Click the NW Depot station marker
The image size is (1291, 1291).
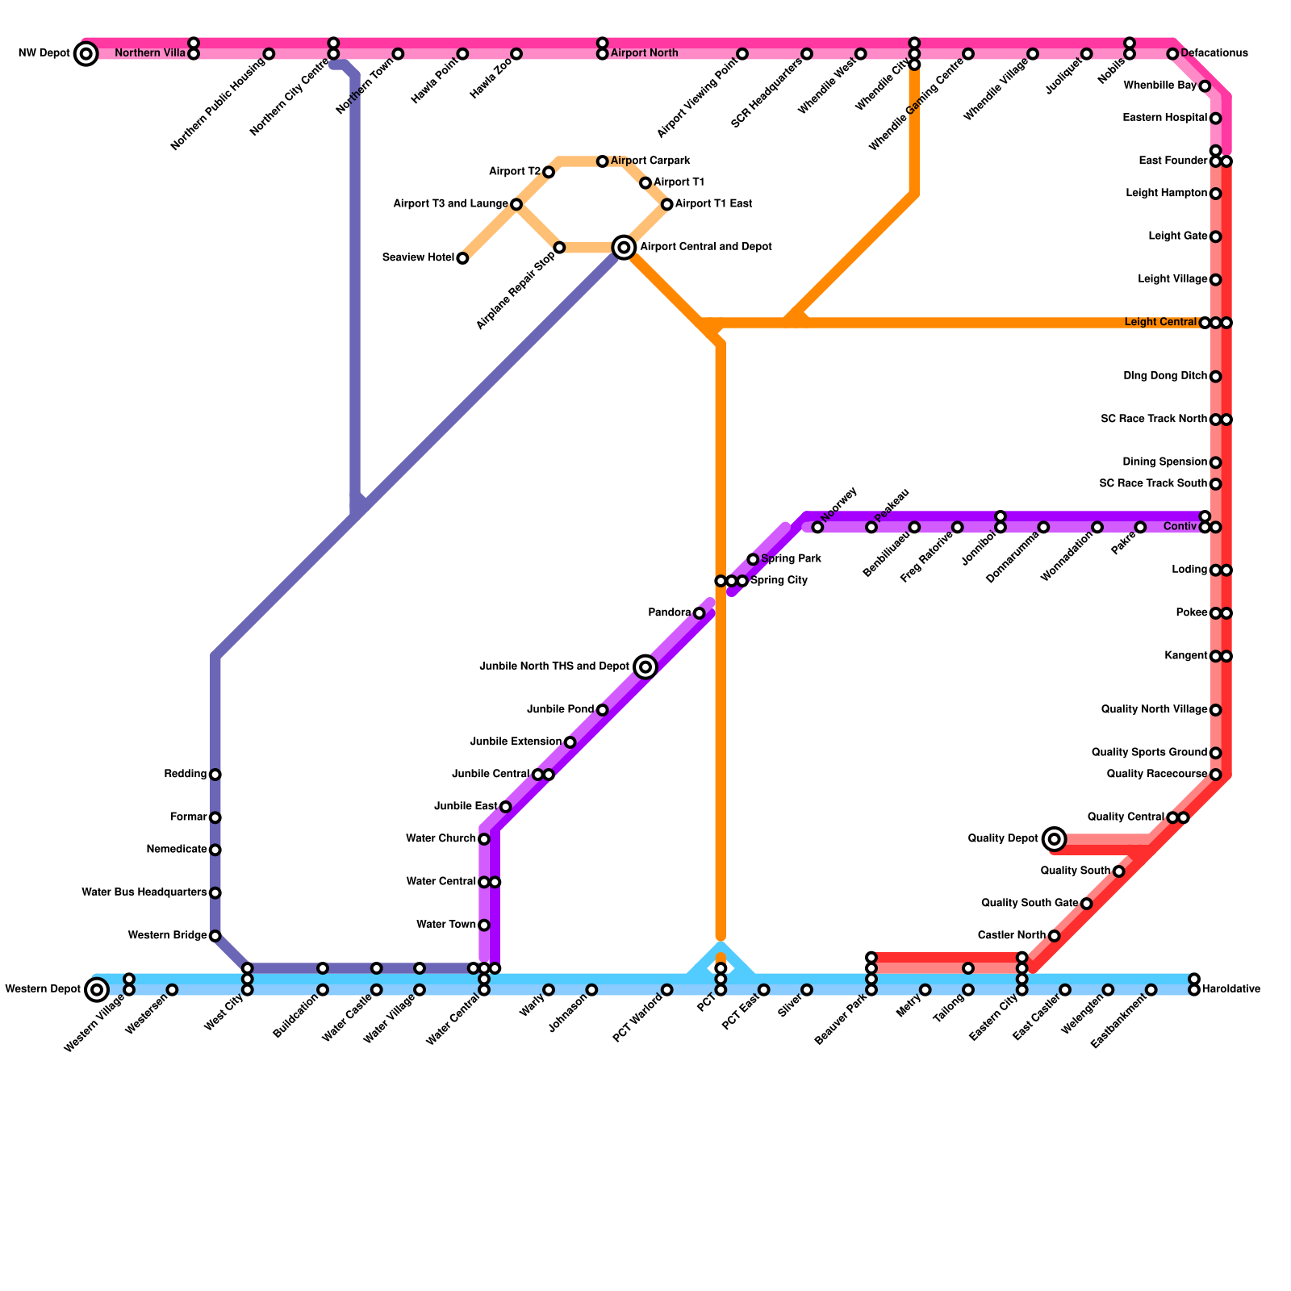tap(86, 54)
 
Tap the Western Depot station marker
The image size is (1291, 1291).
tap(97, 989)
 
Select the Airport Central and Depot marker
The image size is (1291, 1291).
tap(624, 247)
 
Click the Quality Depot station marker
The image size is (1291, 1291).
tap(1054, 839)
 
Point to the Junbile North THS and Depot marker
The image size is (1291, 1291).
tap(645, 666)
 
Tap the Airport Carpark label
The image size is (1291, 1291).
tap(650, 161)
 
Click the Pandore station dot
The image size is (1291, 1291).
tap(699, 613)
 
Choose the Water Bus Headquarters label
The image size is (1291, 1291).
tap(144, 892)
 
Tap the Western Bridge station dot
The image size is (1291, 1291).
tap(215, 936)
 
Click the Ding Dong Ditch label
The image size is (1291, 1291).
tap(1165, 377)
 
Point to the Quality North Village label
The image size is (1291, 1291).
tap(1154, 710)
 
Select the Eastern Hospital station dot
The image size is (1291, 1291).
tap(1215, 119)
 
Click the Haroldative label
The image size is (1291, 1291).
tap(1230, 989)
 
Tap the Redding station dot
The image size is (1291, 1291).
tap(215, 775)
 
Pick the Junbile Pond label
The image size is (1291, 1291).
tap(560, 710)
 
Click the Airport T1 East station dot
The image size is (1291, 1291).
tap(666, 204)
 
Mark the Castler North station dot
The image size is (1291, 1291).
tap(1054, 936)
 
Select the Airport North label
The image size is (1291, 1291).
tap(644, 54)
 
